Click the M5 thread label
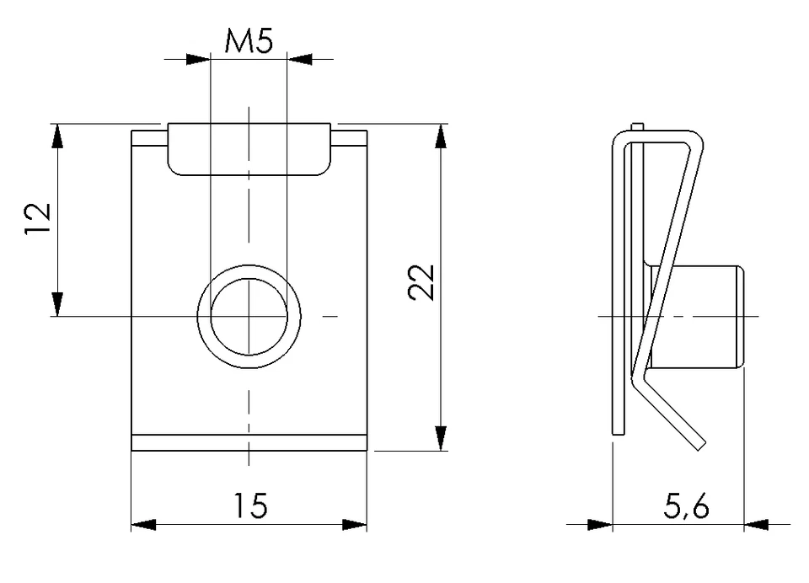pyautogui.click(x=249, y=41)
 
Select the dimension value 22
pyautogui.click(x=421, y=282)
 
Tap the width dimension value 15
pyautogui.click(x=249, y=505)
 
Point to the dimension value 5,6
pyautogui.click(x=684, y=506)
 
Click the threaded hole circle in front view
pyautogui.click(x=249, y=316)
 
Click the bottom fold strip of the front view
pyautogui.click(x=249, y=442)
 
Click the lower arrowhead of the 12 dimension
pyautogui.click(x=57, y=304)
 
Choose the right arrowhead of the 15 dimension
pyautogui.click(x=355, y=524)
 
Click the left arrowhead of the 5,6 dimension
pyautogui.click(x=599, y=524)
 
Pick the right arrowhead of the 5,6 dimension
pyautogui.click(x=756, y=524)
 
